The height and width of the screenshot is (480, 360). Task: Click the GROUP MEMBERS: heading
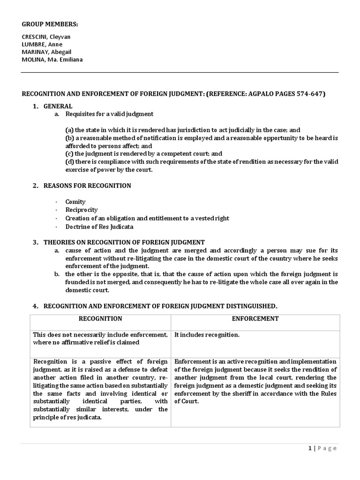coord(50,24)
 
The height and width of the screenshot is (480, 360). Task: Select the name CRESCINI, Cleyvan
coord(46,37)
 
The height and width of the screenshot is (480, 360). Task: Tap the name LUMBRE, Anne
coord(43,44)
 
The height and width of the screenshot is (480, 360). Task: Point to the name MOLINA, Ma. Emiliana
coord(52,59)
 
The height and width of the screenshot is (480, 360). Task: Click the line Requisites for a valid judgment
coord(109,114)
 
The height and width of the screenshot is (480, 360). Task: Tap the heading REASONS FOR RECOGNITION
coord(87,186)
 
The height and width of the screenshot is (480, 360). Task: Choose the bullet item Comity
coord(75,202)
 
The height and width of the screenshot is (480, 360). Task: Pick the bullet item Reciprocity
coord(82,210)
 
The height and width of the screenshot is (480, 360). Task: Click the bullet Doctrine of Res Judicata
coord(99,227)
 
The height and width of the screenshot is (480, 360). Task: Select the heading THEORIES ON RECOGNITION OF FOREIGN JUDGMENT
coord(124,242)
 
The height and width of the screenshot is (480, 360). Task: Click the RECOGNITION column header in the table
coord(100,319)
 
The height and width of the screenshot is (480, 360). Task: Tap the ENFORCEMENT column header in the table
coord(255,319)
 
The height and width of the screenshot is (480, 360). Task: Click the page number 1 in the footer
coord(310,448)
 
